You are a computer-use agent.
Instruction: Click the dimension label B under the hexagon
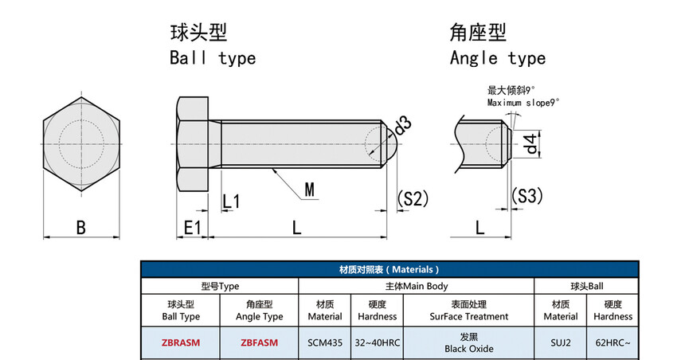[x=81, y=228]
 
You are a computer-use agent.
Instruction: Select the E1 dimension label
[x=192, y=228]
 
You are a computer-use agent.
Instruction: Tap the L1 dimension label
[x=231, y=202]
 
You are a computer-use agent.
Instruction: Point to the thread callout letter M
[x=309, y=190]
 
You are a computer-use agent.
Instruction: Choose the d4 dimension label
[x=530, y=144]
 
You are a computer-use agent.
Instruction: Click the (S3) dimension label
[x=526, y=196]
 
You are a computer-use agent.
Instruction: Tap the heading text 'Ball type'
[x=213, y=58]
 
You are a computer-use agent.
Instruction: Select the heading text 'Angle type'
[x=498, y=58]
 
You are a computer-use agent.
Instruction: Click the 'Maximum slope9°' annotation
[x=523, y=103]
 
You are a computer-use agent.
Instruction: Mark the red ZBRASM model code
[x=181, y=343]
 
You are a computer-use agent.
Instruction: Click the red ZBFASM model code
[x=259, y=343]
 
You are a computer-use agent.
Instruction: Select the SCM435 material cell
[x=325, y=343]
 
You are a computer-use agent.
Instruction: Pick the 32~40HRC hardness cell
[x=378, y=343]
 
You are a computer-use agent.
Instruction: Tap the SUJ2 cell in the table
[x=561, y=343]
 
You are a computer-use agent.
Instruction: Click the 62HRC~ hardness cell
[x=613, y=343]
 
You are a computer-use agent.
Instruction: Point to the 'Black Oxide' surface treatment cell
[x=469, y=349]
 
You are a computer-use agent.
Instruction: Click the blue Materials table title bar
[x=389, y=269]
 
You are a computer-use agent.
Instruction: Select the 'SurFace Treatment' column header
[x=469, y=316]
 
